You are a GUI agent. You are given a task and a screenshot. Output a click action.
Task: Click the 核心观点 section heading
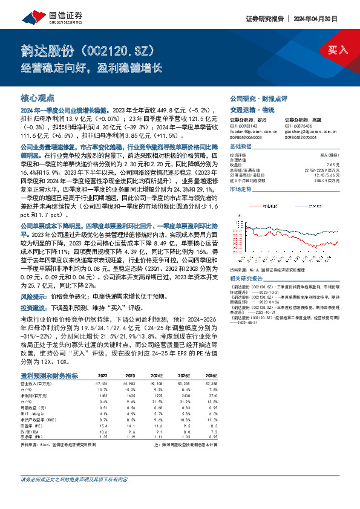[38, 97]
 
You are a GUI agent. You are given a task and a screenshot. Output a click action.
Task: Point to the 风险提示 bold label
[32, 297]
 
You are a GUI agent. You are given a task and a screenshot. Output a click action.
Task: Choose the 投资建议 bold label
[32, 308]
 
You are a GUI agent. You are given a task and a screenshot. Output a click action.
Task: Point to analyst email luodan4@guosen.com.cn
[254, 130]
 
